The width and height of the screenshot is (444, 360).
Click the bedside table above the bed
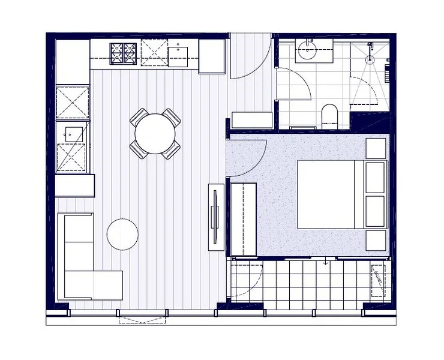[x=376, y=148]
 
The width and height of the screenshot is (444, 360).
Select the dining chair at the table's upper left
[x=139, y=118]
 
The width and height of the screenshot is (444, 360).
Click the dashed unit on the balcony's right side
[x=378, y=280]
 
